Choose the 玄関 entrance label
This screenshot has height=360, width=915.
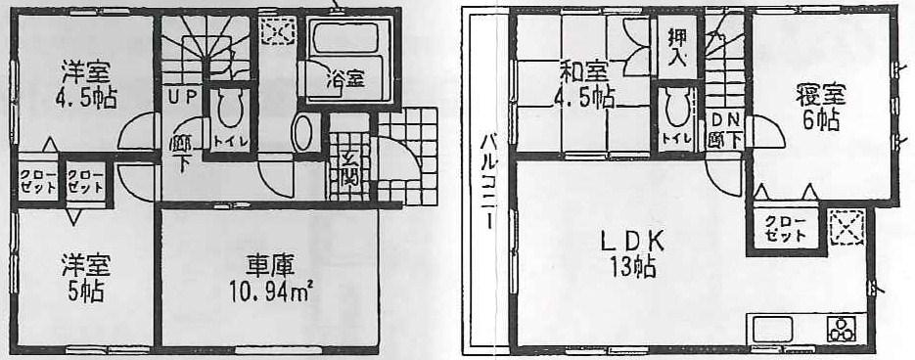click(349, 170)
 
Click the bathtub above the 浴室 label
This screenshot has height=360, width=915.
click(349, 41)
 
